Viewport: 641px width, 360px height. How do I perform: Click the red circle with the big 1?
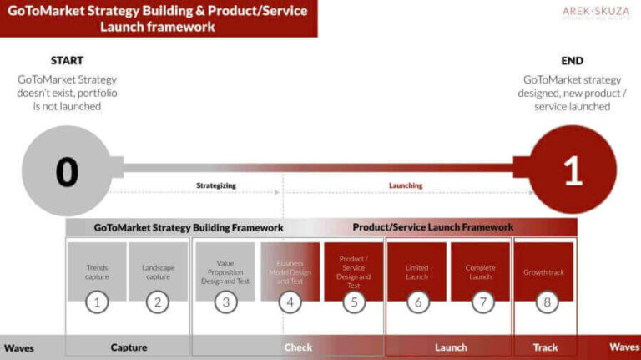[x=573, y=171]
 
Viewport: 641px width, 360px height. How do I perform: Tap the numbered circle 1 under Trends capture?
[x=97, y=302]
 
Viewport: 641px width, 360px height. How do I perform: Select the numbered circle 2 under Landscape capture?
[x=158, y=302]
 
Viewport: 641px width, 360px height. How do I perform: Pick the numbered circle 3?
[x=225, y=302]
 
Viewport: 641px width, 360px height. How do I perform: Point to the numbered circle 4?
[x=290, y=302]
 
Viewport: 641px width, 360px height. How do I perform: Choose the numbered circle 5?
[x=354, y=302]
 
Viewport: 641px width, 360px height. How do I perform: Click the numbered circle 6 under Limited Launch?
[x=417, y=302]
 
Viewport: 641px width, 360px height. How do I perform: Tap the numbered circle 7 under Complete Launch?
[x=482, y=302]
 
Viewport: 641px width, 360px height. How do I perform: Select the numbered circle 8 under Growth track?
[x=547, y=302]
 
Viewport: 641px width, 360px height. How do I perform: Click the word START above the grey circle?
[x=67, y=61]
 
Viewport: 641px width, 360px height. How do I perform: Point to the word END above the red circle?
[x=573, y=61]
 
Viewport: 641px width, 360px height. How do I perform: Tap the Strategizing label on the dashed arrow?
[x=216, y=185]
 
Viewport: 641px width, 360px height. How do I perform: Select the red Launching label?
[x=406, y=185]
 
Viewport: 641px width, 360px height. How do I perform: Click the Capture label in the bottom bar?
[x=129, y=347]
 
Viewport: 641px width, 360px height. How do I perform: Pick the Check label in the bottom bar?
[x=298, y=347]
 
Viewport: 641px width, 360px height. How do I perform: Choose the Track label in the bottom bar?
[x=546, y=347]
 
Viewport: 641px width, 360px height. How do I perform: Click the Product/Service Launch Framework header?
[x=432, y=227]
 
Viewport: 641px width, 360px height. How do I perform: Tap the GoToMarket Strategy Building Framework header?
[x=189, y=227]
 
